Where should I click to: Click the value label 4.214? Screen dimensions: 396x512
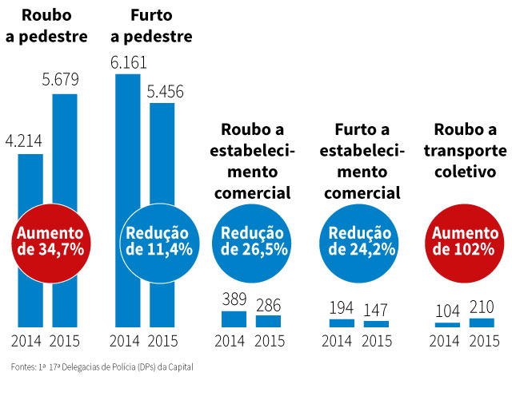coord(24,142)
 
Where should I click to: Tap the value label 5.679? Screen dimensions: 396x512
coord(65,82)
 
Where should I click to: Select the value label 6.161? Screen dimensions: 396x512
coord(128,62)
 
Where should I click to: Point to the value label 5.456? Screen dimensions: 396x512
coord(165,92)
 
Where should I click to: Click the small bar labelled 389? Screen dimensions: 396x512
coord(234,319)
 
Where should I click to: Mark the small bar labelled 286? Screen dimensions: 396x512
coord(268,321)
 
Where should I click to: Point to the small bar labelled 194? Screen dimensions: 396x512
coord(342,323)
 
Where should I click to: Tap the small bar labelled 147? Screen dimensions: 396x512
coord(376,324)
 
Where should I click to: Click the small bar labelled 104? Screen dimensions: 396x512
coord(447,325)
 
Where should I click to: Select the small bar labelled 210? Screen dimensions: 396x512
coord(482,323)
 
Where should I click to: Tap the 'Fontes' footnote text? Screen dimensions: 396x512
coord(102,368)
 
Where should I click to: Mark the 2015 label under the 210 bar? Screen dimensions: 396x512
coord(482,341)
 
